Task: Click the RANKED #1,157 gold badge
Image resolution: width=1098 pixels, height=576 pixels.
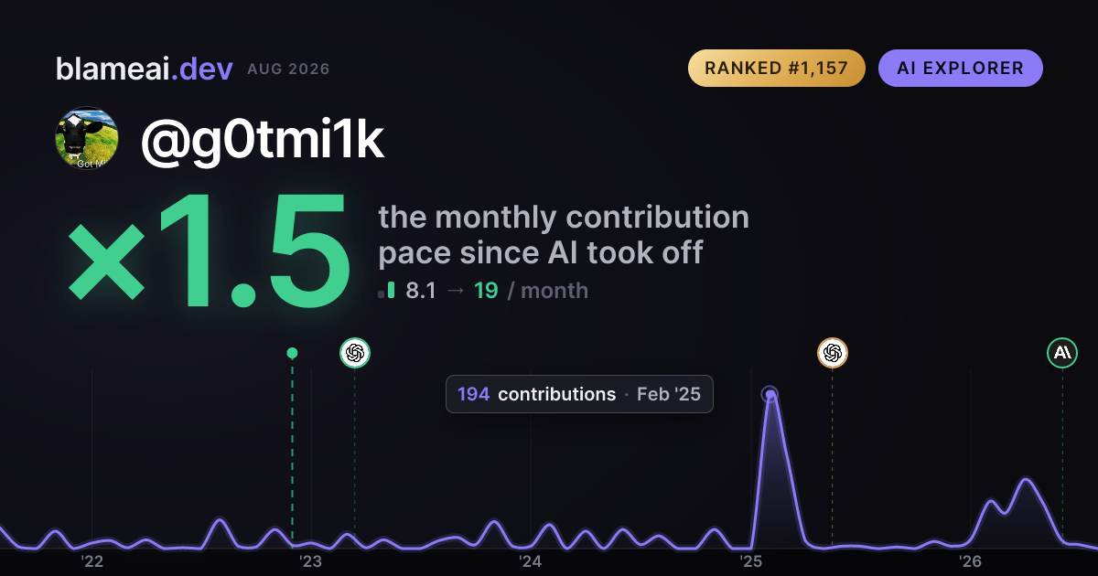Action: click(777, 68)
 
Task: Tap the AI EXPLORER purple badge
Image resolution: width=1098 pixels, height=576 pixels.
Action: click(960, 68)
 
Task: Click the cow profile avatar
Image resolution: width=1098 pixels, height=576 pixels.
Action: click(87, 138)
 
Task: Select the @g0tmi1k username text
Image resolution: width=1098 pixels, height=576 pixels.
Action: click(263, 140)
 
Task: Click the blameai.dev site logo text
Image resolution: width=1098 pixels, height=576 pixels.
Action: click(145, 69)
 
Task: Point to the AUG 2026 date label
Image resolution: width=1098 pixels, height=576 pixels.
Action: click(288, 69)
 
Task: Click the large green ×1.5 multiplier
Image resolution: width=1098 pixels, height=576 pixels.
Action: click(210, 251)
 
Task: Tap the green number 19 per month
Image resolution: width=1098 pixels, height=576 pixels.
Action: click(486, 291)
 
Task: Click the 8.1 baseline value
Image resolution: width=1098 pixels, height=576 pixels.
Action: click(421, 291)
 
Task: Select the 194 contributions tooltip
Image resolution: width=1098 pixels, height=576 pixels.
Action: click(579, 394)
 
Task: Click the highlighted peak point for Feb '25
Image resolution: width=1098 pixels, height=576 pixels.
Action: click(770, 394)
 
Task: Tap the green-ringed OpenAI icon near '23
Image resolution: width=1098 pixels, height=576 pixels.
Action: click(355, 353)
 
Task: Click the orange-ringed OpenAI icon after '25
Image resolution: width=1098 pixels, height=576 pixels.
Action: click(833, 353)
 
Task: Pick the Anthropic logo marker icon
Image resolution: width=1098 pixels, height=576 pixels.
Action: click(1062, 353)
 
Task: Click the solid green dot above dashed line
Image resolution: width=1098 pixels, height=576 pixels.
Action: click(292, 353)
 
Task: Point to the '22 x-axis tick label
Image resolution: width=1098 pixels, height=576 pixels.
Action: click(91, 561)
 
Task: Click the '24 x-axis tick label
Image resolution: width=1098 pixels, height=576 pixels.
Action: click(531, 561)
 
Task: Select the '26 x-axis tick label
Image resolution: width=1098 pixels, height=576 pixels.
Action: click(970, 561)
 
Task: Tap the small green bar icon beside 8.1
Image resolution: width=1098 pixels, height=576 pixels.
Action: click(391, 290)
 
